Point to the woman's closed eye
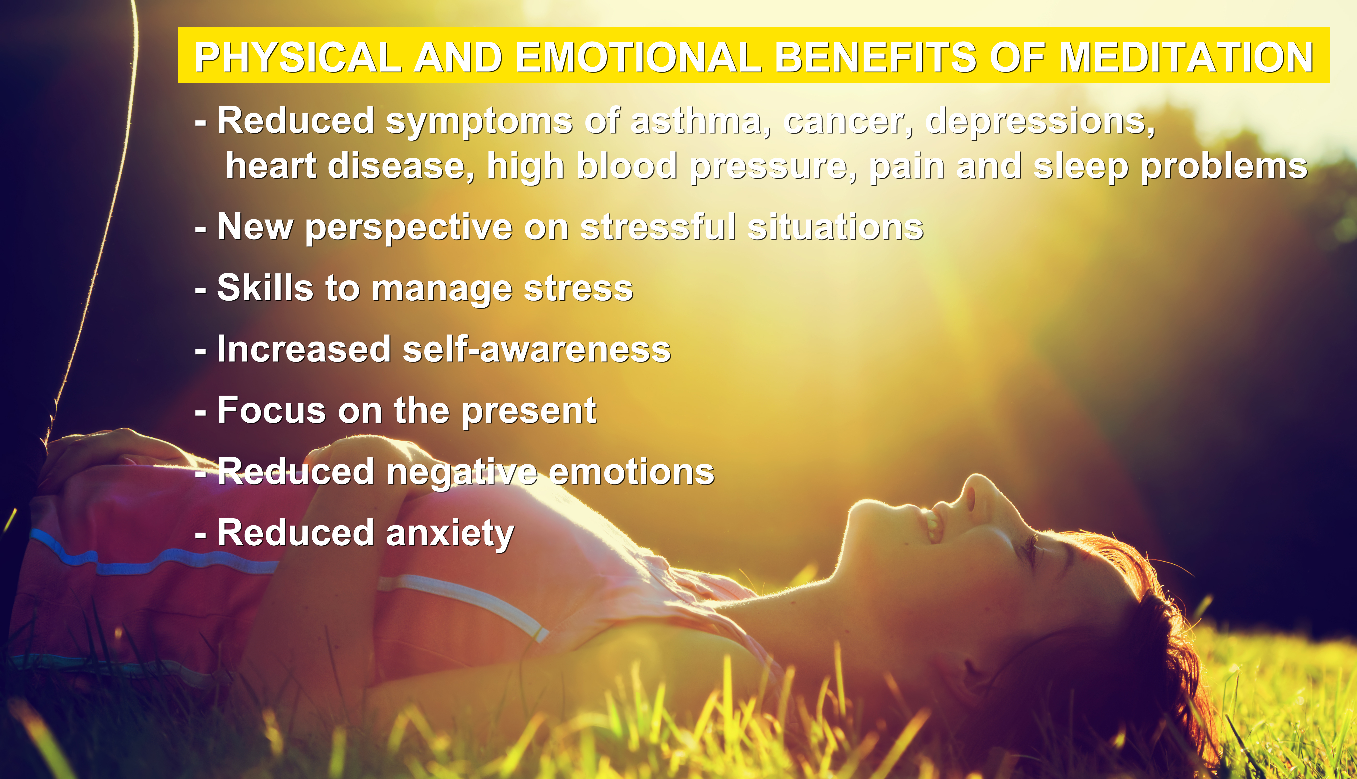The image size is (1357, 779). [x=1030, y=551]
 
